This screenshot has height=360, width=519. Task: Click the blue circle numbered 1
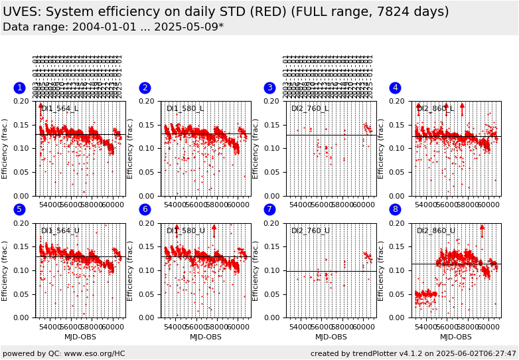pyautogui.click(x=19, y=88)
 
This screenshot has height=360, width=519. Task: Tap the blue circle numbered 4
pyautogui.click(x=395, y=88)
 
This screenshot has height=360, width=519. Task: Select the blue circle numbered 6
pyautogui.click(x=145, y=209)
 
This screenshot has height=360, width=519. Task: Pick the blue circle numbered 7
pyautogui.click(x=269, y=209)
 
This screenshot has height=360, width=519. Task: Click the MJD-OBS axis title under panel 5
pyautogui.click(x=80, y=337)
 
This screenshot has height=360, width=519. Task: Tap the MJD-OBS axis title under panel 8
pyautogui.click(x=456, y=337)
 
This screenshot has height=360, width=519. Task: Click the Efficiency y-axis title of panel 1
pyautogui.click(x=5, y=149)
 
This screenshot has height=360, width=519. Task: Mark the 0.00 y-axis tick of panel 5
pyautogui.click(x=23, y=317)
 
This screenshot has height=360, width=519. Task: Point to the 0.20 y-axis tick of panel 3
pyautogui.click(x=273, y=101)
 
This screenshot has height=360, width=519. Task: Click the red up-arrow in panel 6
pyautogui.click(x=214, y=230)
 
